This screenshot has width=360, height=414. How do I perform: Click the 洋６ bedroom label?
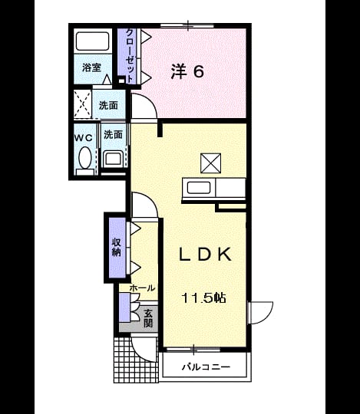[x=187, y=71]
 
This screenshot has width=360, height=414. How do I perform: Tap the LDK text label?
[x=206, y=255]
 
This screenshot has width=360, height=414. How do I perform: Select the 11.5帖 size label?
[x=203, y=298]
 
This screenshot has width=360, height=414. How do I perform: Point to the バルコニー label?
[x=206, y=366]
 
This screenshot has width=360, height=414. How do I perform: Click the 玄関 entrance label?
[x=148, y=318]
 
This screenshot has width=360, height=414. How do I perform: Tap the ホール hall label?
[x=142, y=288]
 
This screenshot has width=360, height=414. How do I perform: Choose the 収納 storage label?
[x=117, y=247]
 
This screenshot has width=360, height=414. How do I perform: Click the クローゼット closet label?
[x=129, y=56]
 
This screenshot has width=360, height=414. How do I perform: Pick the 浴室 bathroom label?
[x=91, y=68]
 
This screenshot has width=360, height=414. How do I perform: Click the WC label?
[x=83, y=138]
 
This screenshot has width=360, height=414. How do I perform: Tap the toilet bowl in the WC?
[x=85, y=158]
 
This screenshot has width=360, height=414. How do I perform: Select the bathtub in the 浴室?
[x=93, y=41]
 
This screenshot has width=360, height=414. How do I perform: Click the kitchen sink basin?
[x=199, y=188]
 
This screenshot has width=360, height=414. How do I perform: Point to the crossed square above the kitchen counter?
[x=210, y=163]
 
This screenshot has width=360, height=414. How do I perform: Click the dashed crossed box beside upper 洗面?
[x=82, y=104]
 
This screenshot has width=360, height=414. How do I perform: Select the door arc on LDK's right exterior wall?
[x=266, y=317]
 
